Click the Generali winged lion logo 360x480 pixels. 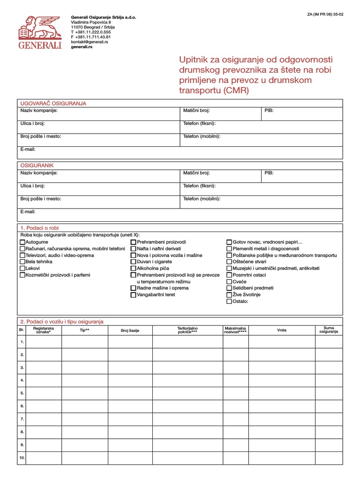tap(40, 29)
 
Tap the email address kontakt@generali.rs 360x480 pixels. tap(90, 42)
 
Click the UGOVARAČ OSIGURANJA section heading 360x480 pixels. tap(53, 103)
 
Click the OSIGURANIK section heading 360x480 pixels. tap(37, 165)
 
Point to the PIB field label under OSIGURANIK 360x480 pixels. tap(269, 173)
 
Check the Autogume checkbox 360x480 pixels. tap(22, 242)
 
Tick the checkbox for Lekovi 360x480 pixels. tap(22, 269)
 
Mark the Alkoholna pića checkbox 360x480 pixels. tap(134, 269)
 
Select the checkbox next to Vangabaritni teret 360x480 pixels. tap(134, 295)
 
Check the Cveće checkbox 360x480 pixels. tap(229, 282)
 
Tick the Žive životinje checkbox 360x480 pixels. tap(229, 295)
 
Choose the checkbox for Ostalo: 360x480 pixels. tap(229, 301)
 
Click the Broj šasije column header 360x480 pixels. tap(130, 330)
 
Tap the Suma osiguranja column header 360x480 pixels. tap(329, 330)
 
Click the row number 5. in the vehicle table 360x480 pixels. tap(22, 393)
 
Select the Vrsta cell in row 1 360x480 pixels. tap(281, 342)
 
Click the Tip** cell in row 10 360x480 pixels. tap(84, 457)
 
